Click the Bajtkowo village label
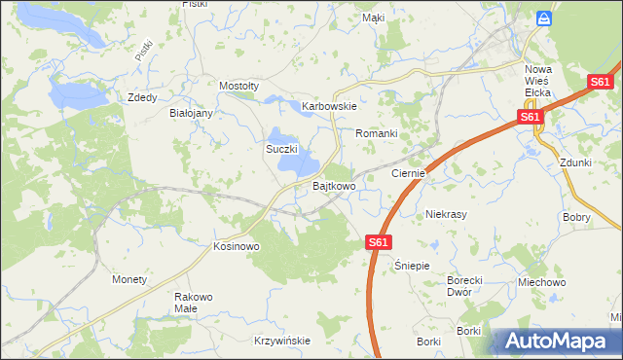(x=333, y=185)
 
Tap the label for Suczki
(x=281, y=149)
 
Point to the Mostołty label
(x=238, y=86)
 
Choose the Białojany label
(x=191, y=113)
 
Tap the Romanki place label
(x=377, y=132)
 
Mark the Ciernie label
(x=409, y=172)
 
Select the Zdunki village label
(x=576, y=162)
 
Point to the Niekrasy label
(x=448, y=213)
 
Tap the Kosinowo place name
(x=236, y=247)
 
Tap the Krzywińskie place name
(x=281, y=341)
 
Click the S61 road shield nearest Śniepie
(x=379, y=242)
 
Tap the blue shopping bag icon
(x=546, y=18)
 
